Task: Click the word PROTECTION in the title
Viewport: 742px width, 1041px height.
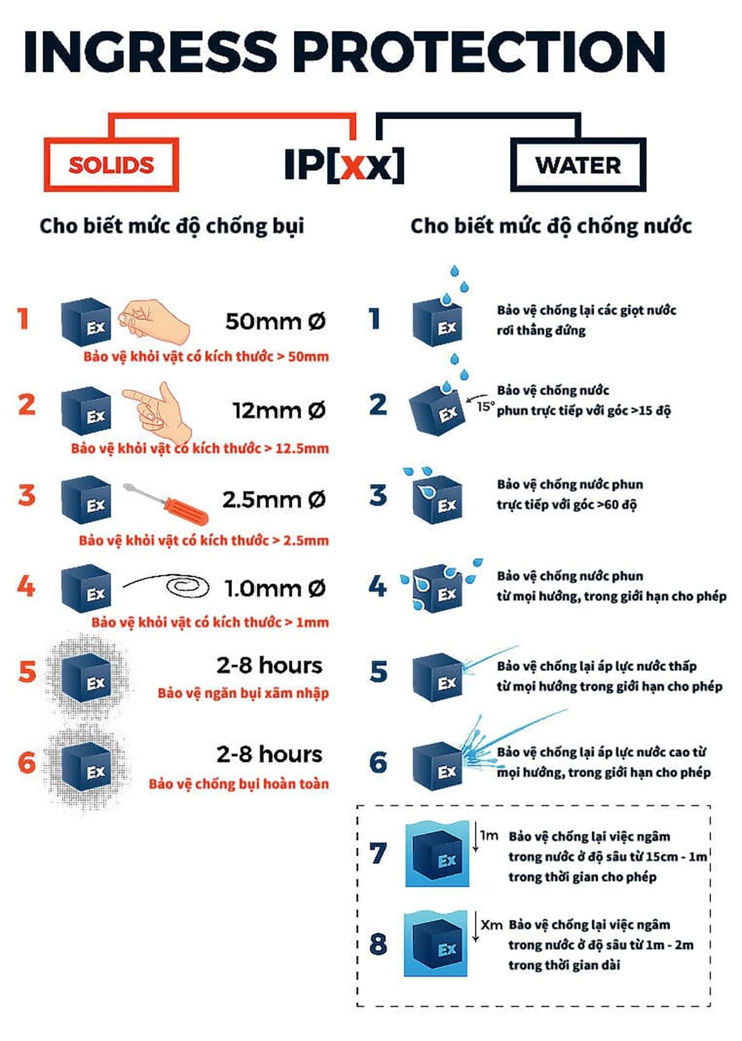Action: point(479,51)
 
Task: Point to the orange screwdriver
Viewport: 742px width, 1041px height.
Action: point(165,502)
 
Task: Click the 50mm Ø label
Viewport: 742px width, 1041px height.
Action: point(275,321)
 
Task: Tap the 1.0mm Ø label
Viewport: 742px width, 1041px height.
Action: point(275,589)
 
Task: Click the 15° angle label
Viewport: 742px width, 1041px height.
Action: point(485,407)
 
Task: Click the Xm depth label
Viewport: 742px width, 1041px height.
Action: point(491,925)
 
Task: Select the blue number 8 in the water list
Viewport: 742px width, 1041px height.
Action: point(378,944)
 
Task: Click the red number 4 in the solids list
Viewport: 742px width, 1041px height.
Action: point(26,586)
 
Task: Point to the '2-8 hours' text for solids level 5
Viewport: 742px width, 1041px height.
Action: point(270,665)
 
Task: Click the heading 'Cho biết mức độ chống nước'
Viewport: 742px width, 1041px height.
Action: point(551,227)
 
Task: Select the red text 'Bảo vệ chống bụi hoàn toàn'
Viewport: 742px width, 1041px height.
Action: point(239,784)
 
